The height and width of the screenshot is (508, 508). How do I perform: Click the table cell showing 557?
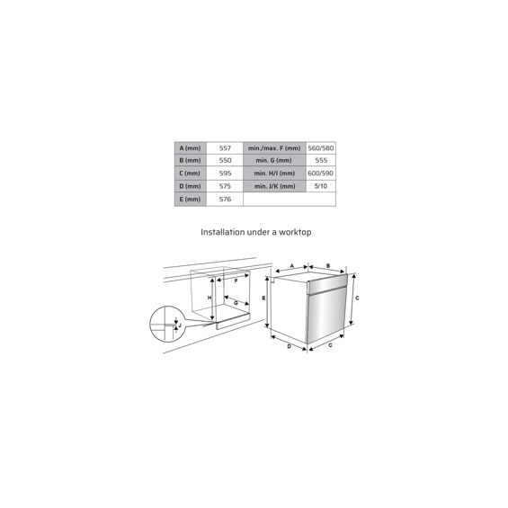[225, 148]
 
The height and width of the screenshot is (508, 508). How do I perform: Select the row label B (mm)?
[191, 160]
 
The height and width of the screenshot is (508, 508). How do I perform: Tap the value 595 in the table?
[225, 173]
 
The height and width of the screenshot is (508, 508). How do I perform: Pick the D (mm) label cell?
[191, 186]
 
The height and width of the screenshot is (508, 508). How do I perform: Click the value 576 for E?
[225, 199]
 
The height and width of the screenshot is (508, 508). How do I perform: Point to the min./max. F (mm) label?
[274, 148]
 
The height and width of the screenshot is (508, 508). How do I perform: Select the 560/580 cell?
[321, 148]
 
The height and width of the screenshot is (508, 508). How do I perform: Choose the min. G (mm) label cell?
[274, 160]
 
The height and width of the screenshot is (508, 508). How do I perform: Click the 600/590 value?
[321, 173]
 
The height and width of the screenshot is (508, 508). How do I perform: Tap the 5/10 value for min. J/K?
[321, 186]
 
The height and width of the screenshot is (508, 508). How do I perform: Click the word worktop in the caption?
[295, 232]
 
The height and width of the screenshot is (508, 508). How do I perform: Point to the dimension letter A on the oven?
[292, 266]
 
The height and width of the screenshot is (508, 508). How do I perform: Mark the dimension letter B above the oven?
[328, 266]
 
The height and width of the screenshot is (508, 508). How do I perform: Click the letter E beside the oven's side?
[263, 299]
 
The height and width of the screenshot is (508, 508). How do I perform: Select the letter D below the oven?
[290, 347]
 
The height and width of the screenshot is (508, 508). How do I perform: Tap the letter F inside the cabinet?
[236, 281]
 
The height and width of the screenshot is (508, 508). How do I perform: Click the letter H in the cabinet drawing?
[209, 298]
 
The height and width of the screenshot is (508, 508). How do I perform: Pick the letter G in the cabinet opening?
[236, 303]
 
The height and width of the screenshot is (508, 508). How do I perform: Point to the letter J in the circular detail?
[180, 325]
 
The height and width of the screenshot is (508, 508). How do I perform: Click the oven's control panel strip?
[327, 285]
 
